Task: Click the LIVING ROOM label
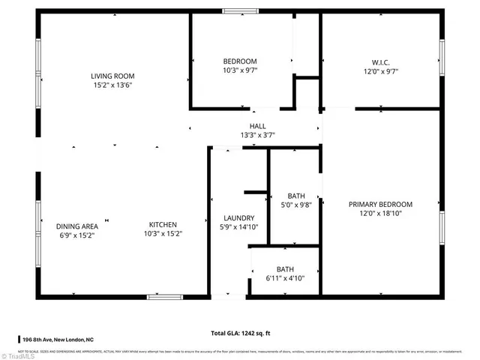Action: pyautogui.click(x=112, y=76)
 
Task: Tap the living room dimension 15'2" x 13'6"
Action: pyautogui.click(x=112, y=85)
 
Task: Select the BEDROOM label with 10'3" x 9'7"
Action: pyautogui.click(x=240, y=61)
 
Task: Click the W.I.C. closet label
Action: pyautogui.click(x=381, y=61)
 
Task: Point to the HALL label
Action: pyautogui.click(x=257, y=126)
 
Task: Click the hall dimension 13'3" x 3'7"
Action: pyautogui.click(x=257, y=136)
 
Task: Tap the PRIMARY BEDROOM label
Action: pyautogui.click(x=381, y=204)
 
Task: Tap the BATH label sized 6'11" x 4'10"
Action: pyautogui.click(x=285, y=269)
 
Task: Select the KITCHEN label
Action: pyautogui.click(x=163, y=224)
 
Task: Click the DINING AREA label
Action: pyautogui.click(x=77, y=226)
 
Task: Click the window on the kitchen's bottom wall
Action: pyautogui.click(x=164, y=297)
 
